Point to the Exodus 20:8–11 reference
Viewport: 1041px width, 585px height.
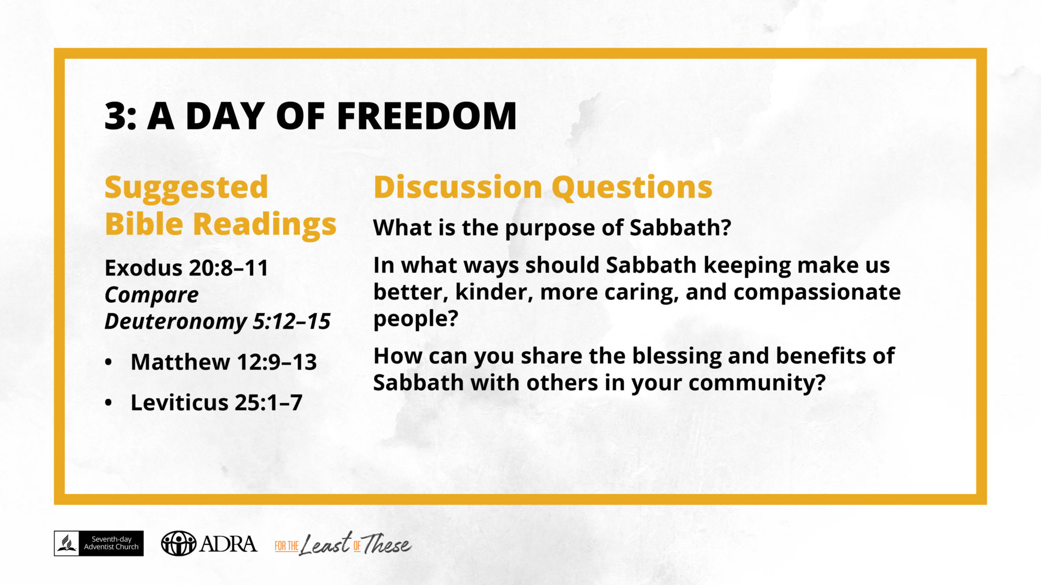pos(186,268)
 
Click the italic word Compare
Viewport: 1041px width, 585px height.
pos(151,295)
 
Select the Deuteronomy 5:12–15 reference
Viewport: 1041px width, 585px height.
pos(218,321)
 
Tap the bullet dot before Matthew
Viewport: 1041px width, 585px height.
pos(108,362)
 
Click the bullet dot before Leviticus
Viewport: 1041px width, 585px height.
pos(108,402)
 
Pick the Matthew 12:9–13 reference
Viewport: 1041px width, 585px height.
pos(224,362)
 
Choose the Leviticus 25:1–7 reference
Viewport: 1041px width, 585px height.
pos(217,402)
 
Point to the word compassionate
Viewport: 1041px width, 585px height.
pos(817,293)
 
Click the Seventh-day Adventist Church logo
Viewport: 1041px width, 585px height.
pos(99,543)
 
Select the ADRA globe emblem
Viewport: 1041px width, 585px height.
pos(179,543)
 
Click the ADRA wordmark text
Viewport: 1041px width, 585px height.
pos(228,544)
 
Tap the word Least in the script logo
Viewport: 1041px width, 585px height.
pos(326,544)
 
